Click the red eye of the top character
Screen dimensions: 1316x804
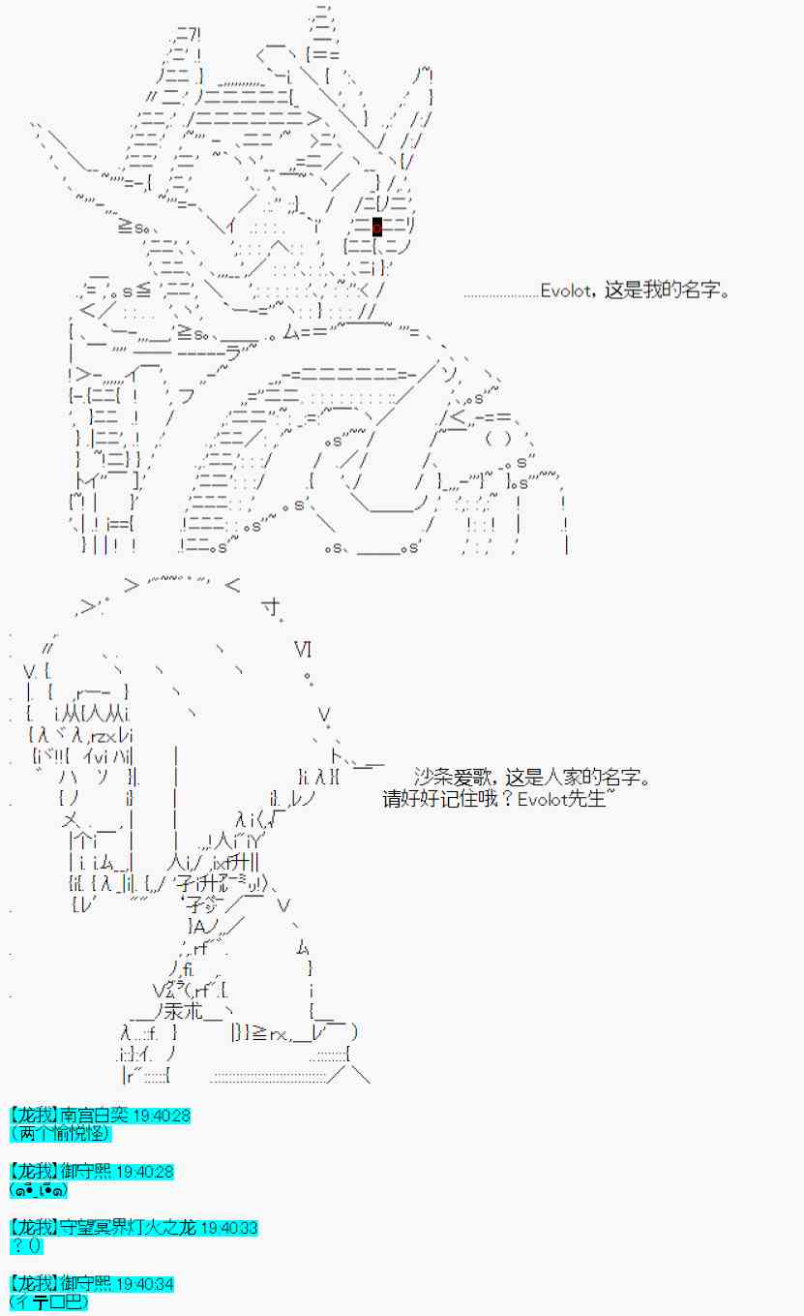pos(376,227)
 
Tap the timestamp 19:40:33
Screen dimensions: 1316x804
pos(228,1228)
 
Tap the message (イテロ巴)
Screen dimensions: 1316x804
pos(48,1302)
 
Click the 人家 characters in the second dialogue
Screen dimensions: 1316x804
pos(543,777)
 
